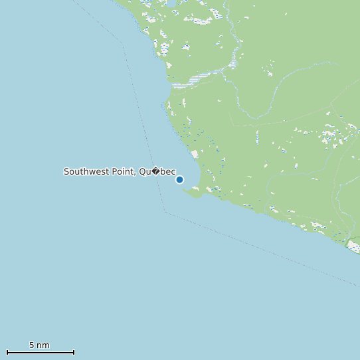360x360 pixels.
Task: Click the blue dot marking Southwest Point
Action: coord(179,179)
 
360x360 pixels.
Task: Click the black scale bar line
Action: coord(40,352)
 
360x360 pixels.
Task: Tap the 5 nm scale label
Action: coord(39,345)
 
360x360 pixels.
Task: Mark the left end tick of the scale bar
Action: coord(7,351)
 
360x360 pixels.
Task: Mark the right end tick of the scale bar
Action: coord(74,351)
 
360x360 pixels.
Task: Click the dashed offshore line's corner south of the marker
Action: coord(165,211)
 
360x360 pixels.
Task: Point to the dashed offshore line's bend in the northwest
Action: coord(124,45)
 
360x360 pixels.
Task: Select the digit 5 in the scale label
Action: coord(32,345)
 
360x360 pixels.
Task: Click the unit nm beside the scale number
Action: coord(43,345)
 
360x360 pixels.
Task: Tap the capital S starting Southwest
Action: coord(66,171)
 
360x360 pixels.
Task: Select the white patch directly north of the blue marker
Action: coord(194,154)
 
